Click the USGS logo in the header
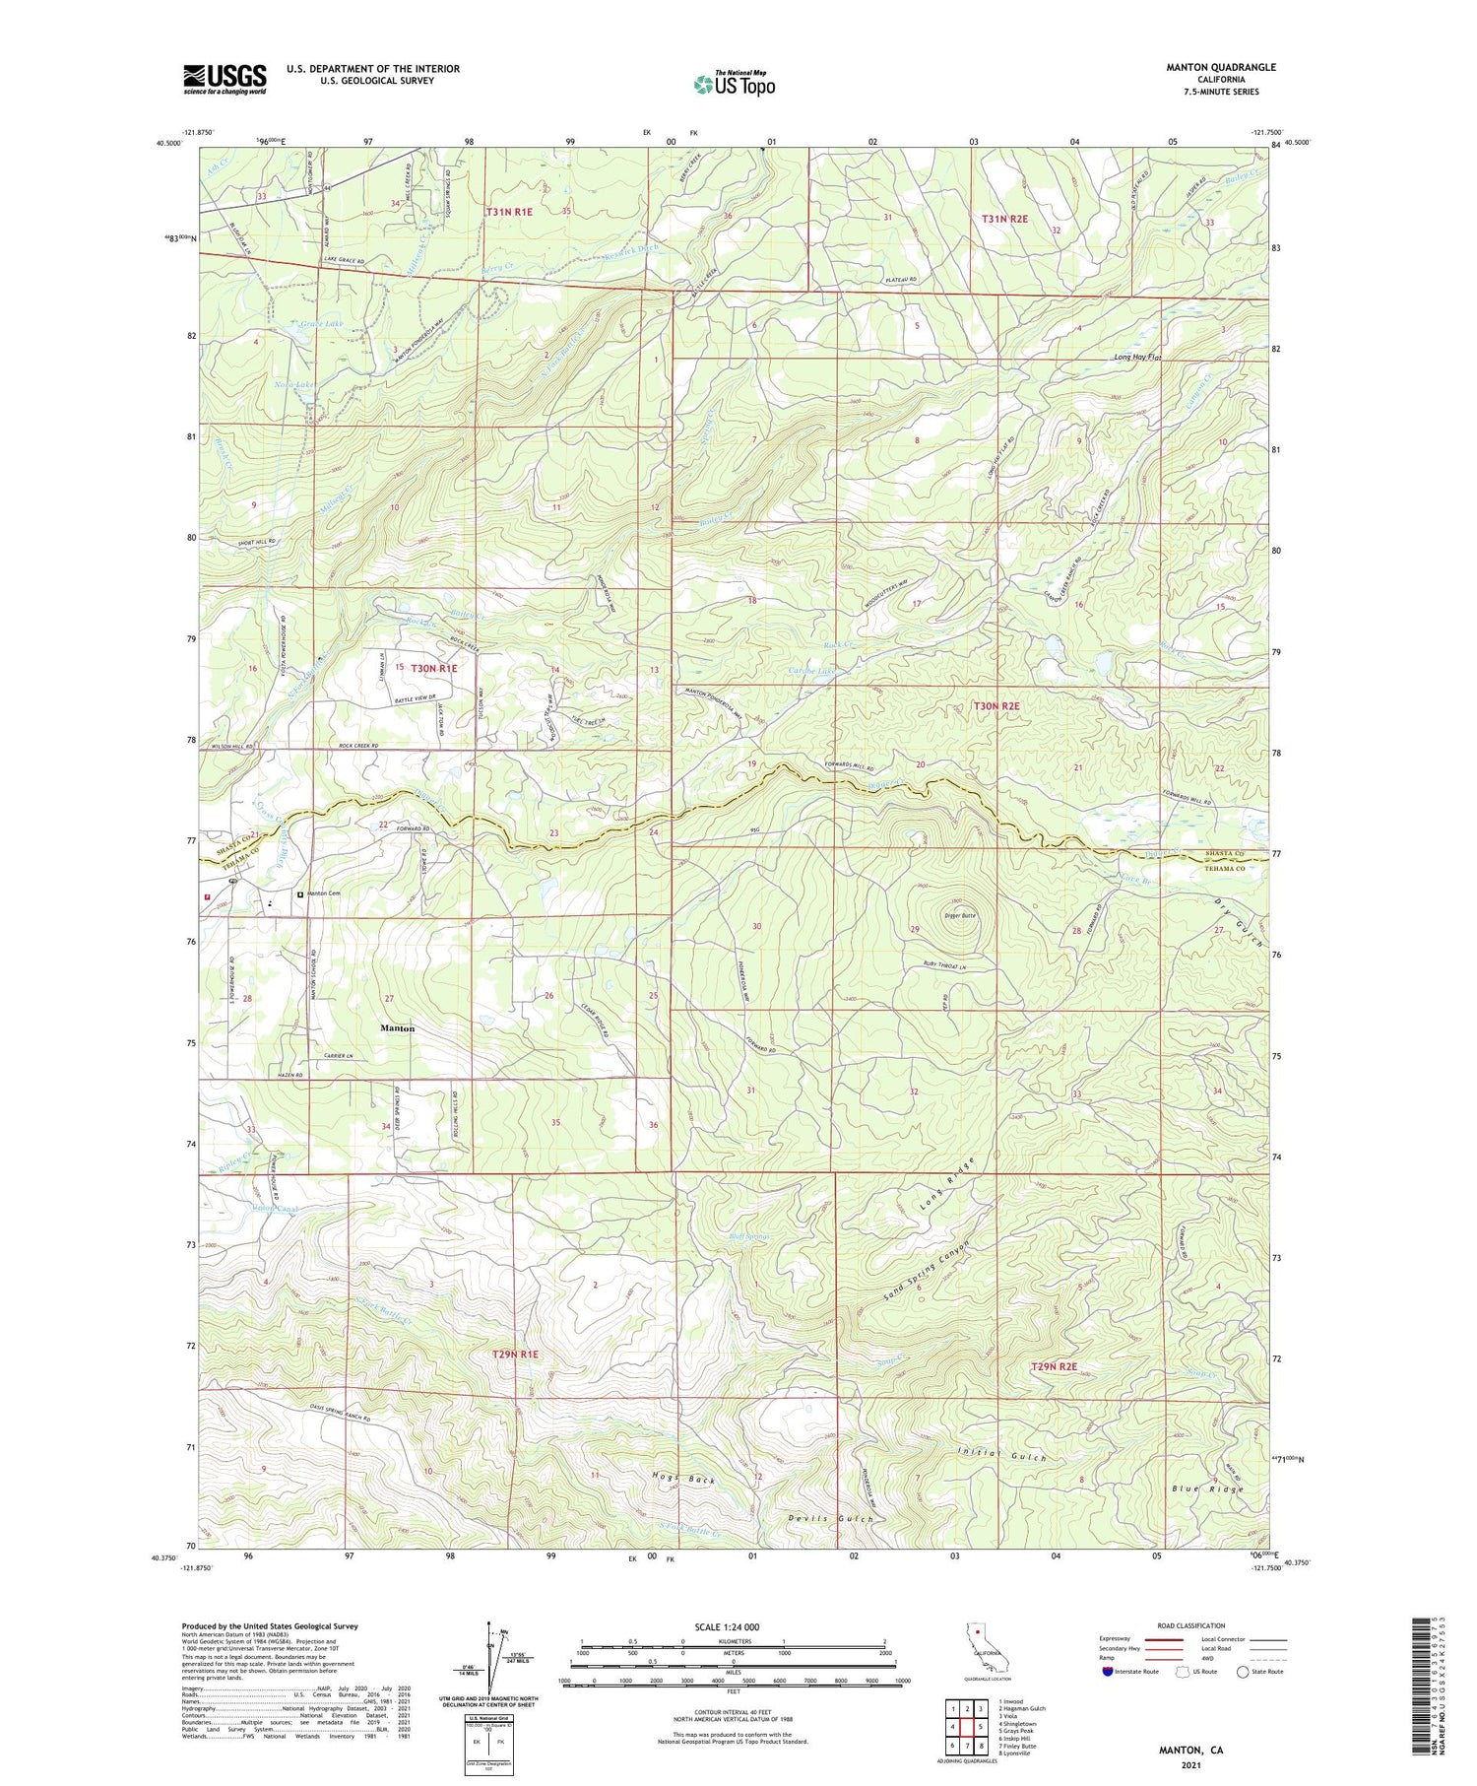(225, 79)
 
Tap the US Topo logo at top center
(734, 84)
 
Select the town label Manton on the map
(397, 1027)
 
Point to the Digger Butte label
(961, 915)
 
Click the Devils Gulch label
(831, 1519)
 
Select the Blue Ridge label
(1207, 1488)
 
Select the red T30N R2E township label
(996, 705)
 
